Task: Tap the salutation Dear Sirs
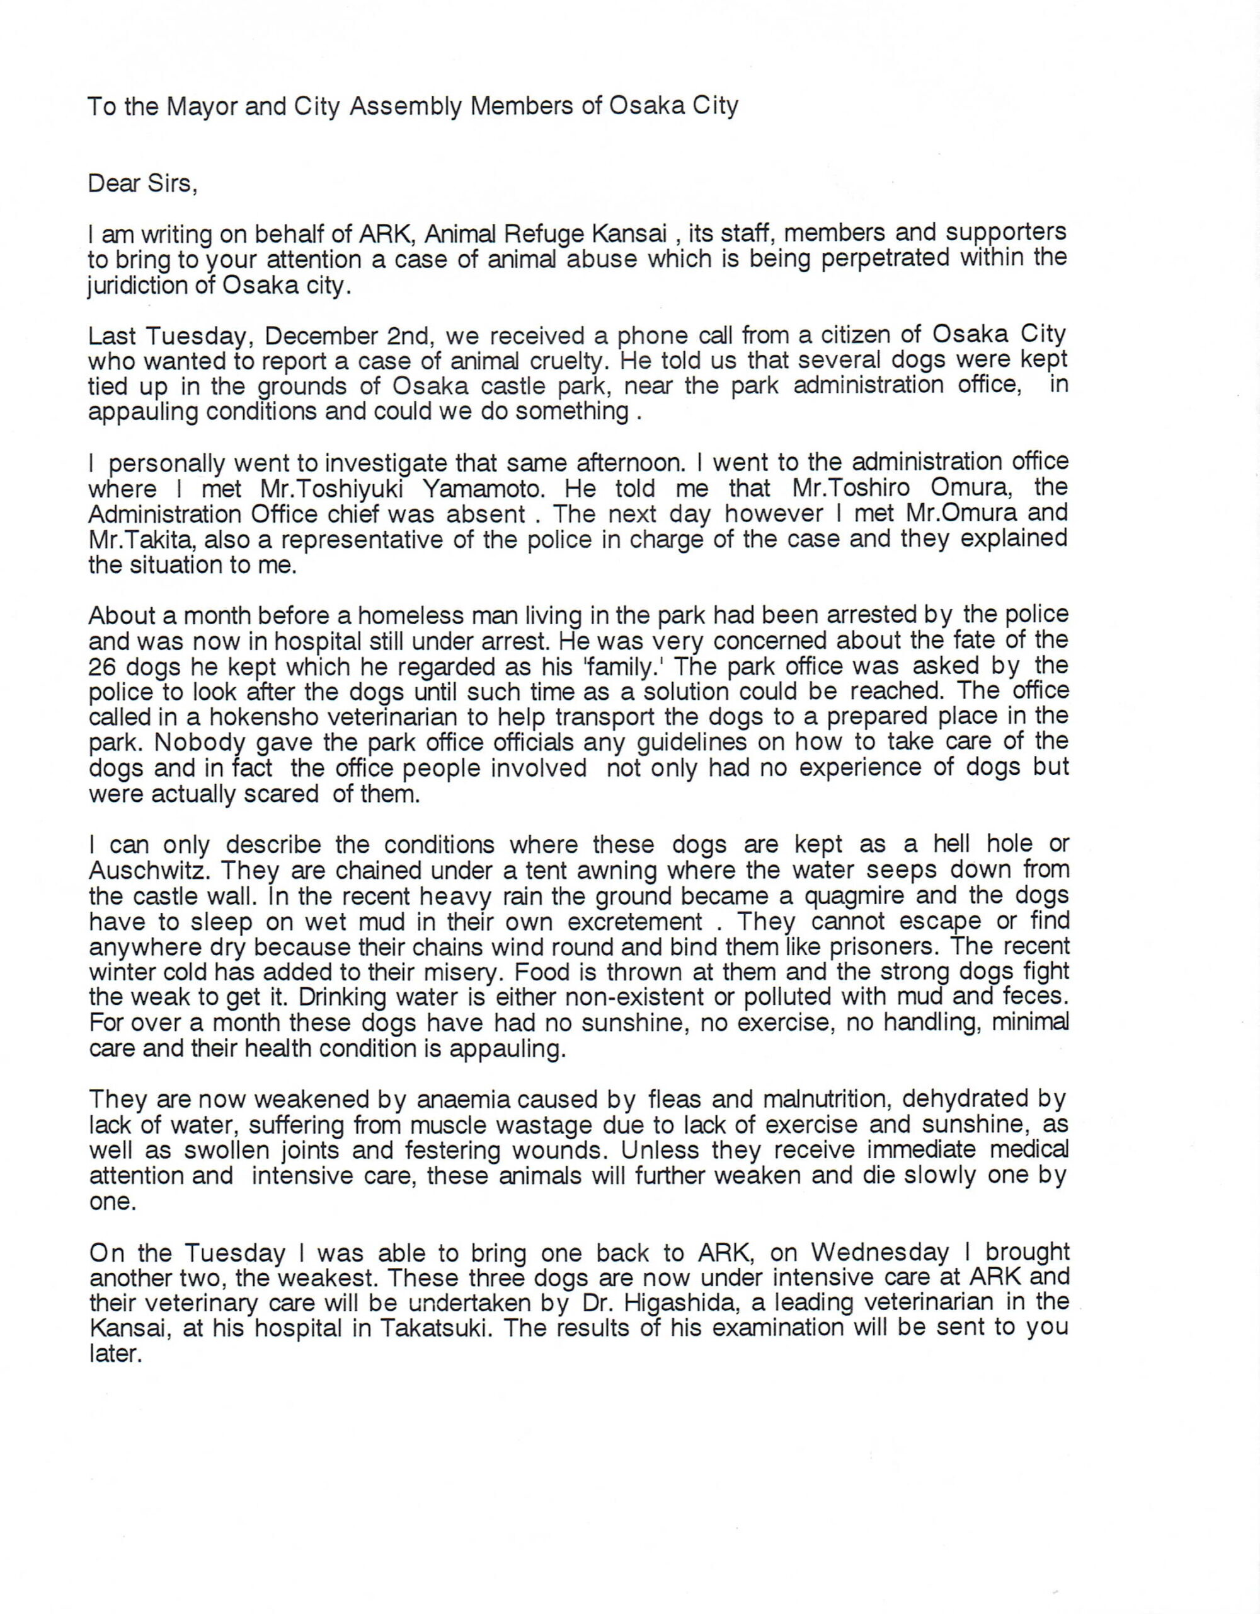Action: (x=142, y=183)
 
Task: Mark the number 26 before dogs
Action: (x=103, y=667)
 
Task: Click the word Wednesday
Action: (x=879, y=1252)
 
